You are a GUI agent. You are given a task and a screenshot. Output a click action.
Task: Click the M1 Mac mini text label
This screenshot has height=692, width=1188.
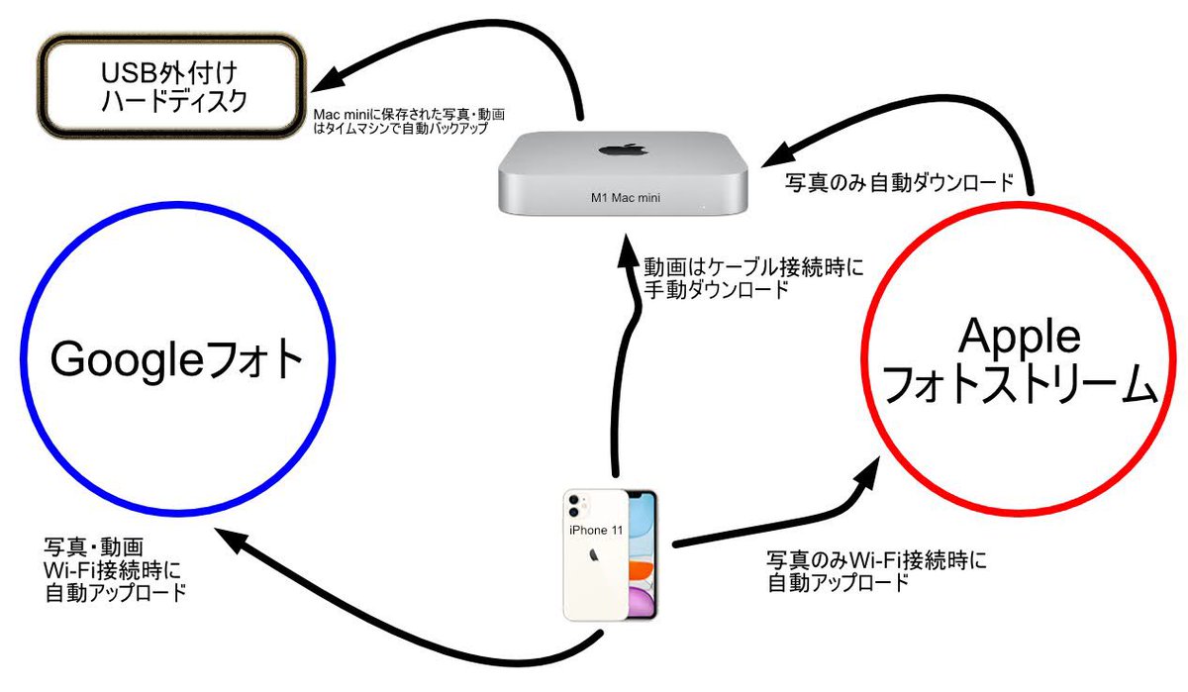[625, 197]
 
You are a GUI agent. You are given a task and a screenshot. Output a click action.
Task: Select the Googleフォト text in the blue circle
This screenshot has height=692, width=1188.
[176, 361]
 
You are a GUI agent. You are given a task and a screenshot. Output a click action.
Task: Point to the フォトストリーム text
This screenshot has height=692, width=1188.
[1019, 386]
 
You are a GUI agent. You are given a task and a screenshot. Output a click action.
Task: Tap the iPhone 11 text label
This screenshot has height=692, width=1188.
[596, 531]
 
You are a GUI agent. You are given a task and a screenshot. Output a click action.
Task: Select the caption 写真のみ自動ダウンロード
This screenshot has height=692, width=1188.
[899, 183]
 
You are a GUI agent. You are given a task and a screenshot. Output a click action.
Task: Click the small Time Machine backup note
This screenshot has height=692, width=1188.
[410, 121]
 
